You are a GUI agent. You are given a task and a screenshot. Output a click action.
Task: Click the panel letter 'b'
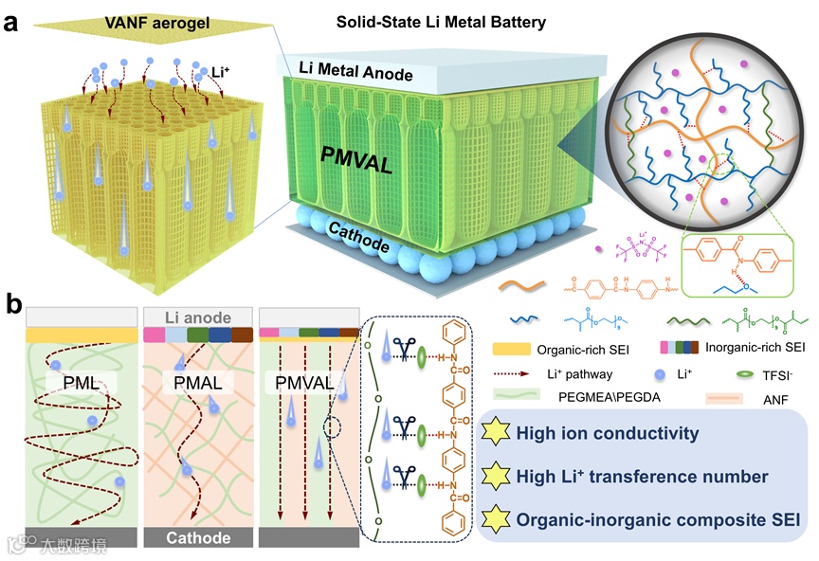14,304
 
